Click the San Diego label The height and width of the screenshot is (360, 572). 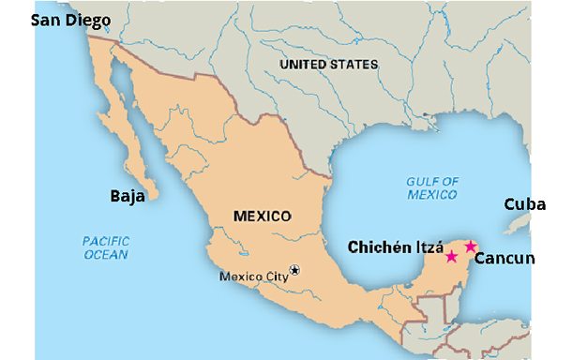(70, 20)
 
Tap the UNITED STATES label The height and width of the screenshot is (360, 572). (329, 65)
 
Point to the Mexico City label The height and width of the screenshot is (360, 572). (253, 277)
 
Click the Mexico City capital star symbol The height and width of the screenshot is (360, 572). (295, 270)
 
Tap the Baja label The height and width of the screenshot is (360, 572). (127, 196)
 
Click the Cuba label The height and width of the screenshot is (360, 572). (524, 203)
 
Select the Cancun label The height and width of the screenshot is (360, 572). (503, 258)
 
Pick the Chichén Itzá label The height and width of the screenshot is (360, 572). (396, 247)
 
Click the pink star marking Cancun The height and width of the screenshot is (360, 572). (471, 247)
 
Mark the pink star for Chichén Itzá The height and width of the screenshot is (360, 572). (451, 257)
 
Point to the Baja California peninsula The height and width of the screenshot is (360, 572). (136, 141)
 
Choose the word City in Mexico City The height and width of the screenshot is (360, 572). (273, 277)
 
